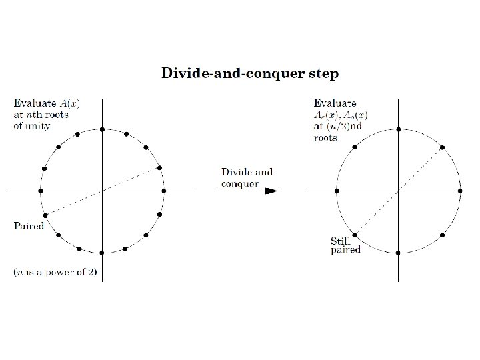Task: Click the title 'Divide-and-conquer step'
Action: pos(250,73)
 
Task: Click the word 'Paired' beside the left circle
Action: pos(29,226)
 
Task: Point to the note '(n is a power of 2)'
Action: pos(59,272)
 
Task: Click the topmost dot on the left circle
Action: pos(102,129)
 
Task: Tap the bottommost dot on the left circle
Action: pos(102,253)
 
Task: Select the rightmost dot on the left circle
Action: pos(163,191)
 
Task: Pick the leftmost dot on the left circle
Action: pos(41,191)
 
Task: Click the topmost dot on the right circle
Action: pos(398,129)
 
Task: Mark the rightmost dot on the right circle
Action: pos(460,191)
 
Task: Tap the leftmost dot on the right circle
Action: pos(337,191)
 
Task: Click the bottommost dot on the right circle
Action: pos(398,253)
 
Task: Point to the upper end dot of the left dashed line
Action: pos(159,167)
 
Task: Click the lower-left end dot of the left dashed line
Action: pos(45,215)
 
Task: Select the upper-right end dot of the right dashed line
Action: pos(442,147)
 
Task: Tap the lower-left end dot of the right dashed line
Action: pos(354,235)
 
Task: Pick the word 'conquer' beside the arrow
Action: pos(241,184)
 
